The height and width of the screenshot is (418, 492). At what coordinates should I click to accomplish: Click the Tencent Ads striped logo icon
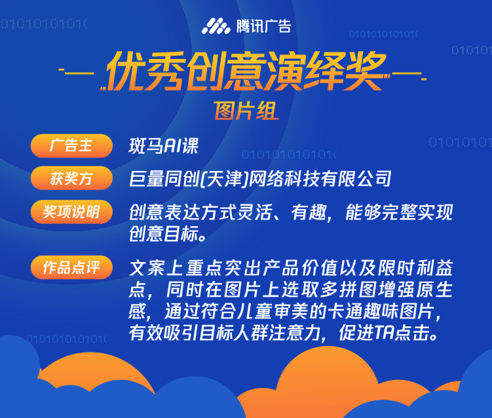(x=216, y=26)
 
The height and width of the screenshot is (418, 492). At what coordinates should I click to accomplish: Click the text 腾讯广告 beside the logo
(x=263, y=26)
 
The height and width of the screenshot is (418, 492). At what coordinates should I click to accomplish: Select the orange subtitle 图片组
(x=246, y=111)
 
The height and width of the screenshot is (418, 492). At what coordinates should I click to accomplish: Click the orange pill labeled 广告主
(x=71, y=145)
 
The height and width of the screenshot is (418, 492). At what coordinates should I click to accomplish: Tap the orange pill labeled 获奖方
(x=71, y=178)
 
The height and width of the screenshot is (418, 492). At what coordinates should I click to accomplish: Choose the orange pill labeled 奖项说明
(x=71, y=212)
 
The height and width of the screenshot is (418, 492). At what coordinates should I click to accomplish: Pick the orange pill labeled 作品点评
(x=71, y=267)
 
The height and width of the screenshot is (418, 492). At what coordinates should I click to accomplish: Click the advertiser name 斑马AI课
(x=164, y=146)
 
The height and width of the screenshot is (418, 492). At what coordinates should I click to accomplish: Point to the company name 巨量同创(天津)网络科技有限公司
(x=260, y=179)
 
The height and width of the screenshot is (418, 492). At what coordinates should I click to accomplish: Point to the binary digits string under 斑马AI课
(x=289, y=155)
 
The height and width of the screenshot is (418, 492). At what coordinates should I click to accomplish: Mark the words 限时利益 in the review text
(x=415, y=268)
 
